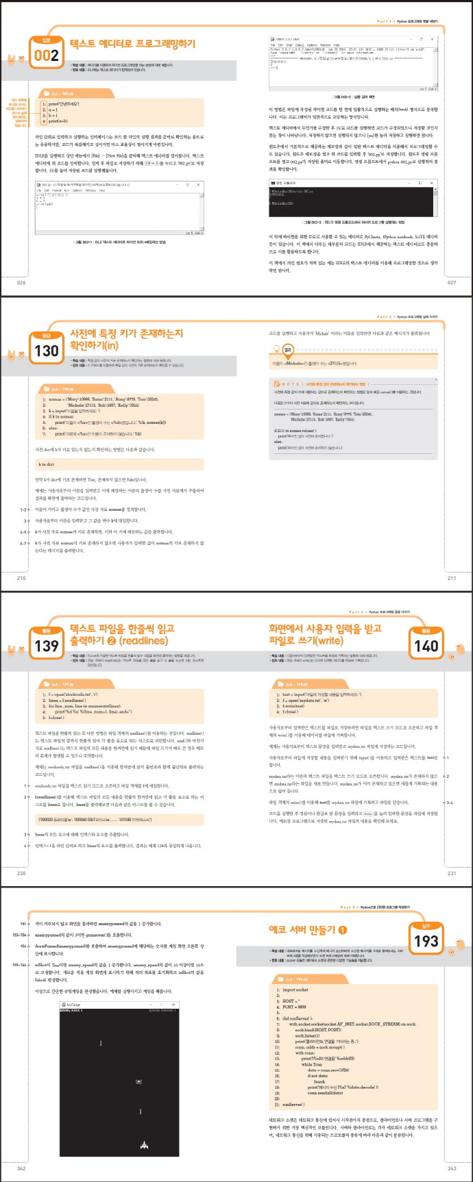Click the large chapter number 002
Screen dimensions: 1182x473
[47, 55]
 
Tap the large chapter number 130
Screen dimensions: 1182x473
[47, 351]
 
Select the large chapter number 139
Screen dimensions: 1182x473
[47, 646]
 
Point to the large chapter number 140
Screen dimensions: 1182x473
[426, 646]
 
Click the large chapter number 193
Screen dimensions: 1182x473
[426, 942]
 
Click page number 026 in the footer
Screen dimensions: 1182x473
[21, 282]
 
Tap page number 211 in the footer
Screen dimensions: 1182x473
[451, 578]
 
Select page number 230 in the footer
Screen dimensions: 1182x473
[21, 873]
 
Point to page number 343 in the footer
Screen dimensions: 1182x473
[451, 1168]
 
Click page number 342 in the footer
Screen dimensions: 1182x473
[21, 1168]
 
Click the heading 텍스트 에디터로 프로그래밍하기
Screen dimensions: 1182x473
[132, 44]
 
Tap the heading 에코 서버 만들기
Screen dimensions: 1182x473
[308, 929]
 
